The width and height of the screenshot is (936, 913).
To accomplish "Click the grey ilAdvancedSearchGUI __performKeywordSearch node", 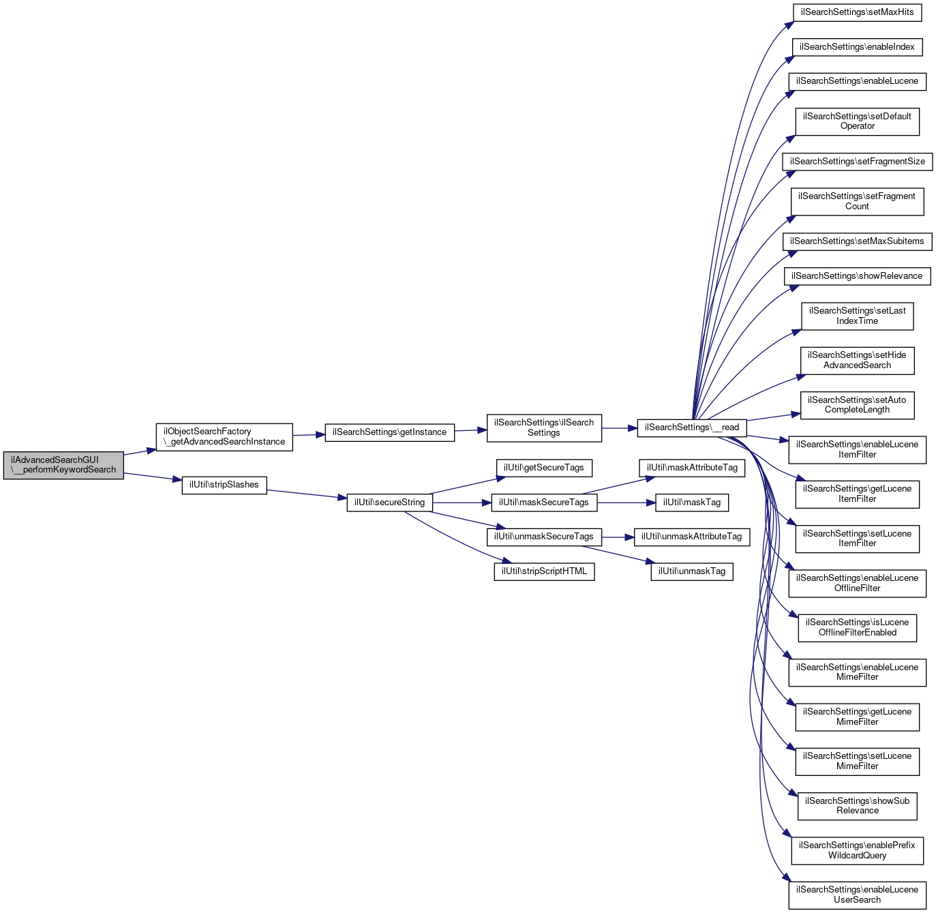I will tap(63, 465).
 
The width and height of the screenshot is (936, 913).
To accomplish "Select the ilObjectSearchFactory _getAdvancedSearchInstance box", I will tap(224, 436).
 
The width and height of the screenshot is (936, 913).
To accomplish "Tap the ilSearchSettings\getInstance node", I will tap(389, 432).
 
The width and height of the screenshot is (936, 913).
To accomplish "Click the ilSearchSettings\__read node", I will tap(692, 428).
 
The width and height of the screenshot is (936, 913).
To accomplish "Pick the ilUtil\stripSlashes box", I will tap(224, 485).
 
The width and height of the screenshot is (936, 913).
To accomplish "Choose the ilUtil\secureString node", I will tap(389, 503).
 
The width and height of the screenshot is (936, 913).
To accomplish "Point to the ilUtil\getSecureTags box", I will tap(544, 468).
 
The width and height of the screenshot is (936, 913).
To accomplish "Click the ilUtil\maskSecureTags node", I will tap(544, 503).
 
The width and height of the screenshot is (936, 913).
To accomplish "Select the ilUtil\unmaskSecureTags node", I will tap(544, 537).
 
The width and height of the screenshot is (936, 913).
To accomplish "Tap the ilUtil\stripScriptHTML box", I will tap(544, 571).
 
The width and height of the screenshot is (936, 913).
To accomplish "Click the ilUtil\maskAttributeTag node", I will tap(692, 468).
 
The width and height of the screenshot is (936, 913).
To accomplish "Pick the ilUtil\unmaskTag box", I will tap(692, 571).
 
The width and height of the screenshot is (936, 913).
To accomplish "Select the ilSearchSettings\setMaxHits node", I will tap(857, 12).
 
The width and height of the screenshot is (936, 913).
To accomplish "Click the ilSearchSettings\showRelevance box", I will tap(857, 276).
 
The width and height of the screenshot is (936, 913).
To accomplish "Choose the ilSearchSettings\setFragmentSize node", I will tap(857, 162).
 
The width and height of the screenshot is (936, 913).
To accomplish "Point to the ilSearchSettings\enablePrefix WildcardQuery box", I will tap(857, 850).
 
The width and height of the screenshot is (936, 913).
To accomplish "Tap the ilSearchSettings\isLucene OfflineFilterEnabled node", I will tap(857, 627).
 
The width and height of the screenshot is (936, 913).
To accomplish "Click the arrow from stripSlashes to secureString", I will tap(307, 494).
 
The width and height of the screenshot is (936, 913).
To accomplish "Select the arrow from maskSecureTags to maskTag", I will tap(626, 503).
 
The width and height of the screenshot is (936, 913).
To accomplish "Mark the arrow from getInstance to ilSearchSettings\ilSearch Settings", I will tap(470, 430).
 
